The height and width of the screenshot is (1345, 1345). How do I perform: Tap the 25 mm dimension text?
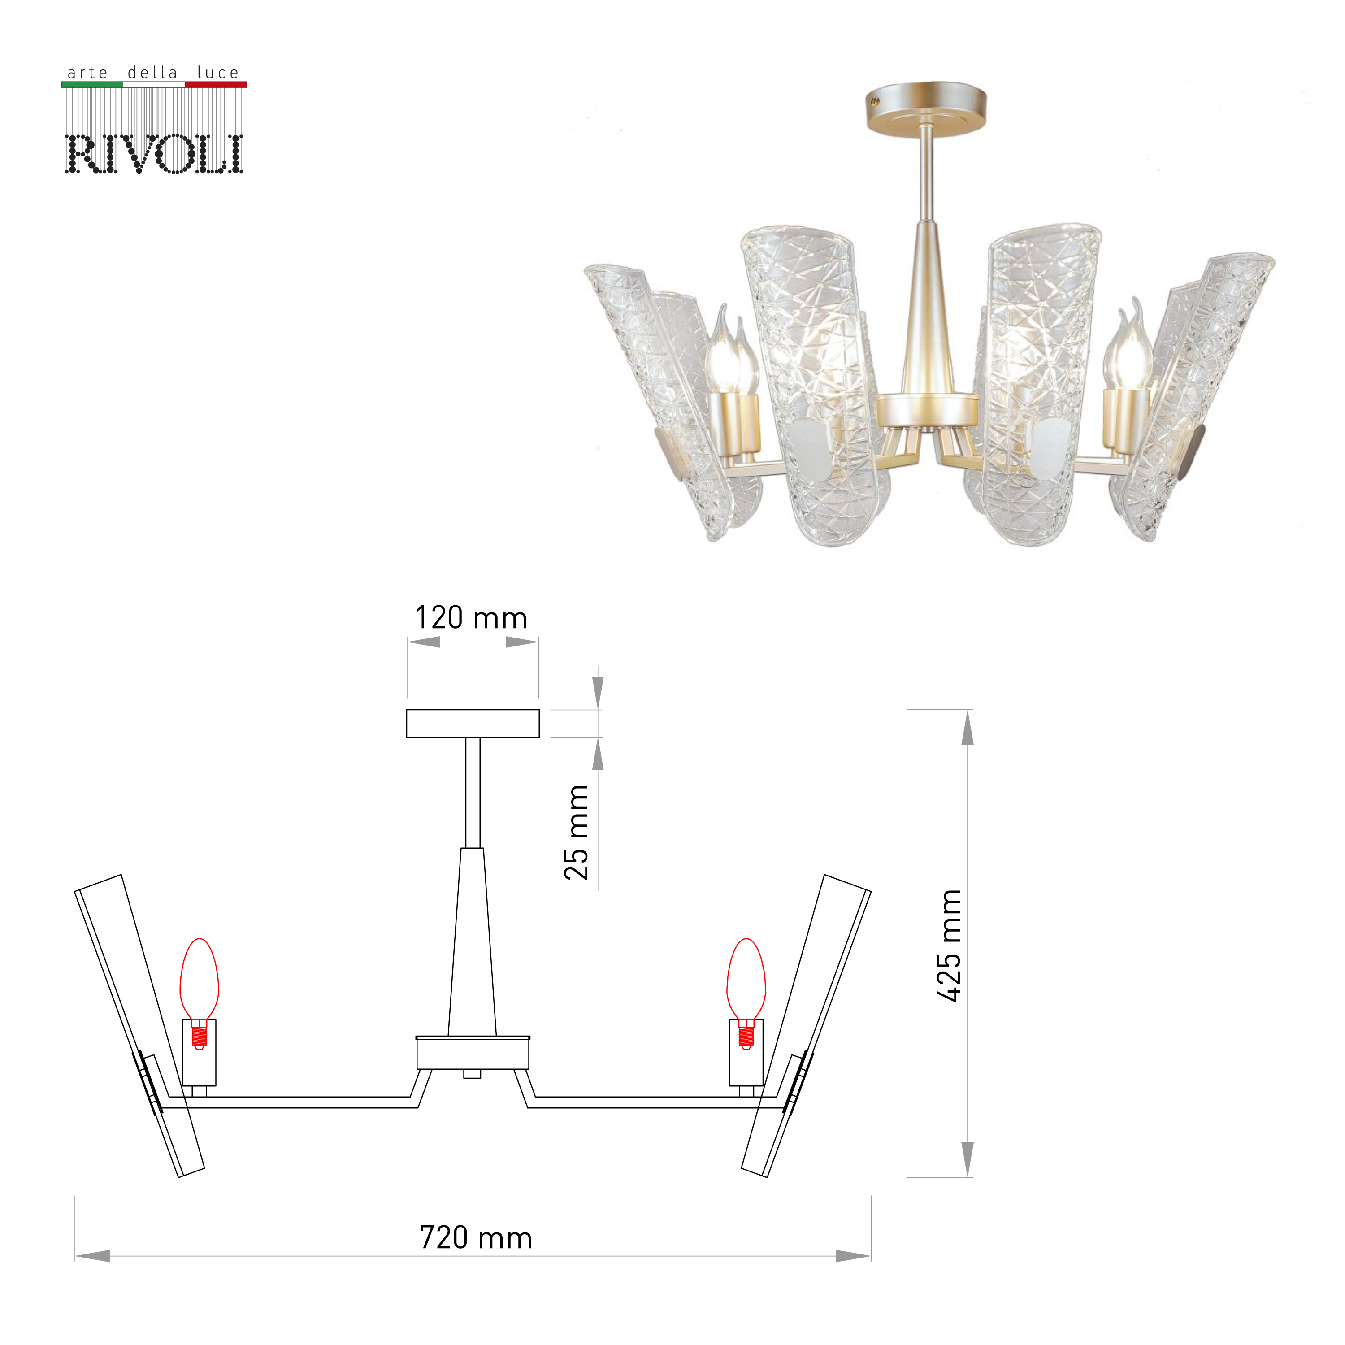tap(577, 832)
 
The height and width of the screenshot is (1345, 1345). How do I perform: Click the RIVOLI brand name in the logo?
tap(154, 154)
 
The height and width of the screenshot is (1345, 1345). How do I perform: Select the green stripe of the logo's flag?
tap(92, 84)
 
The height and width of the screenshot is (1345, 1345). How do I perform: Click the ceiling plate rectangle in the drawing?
tap(473, 723)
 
